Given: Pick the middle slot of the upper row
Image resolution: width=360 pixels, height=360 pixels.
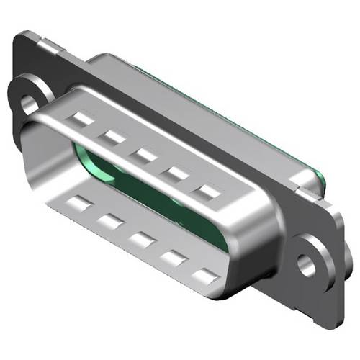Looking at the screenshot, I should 143,154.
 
